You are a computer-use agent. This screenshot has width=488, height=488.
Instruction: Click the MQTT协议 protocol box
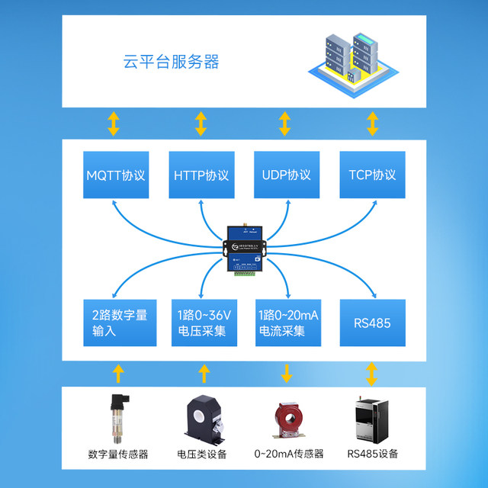[x=115, y=175]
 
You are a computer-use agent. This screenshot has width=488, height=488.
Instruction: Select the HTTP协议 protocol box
[x=201, y=175]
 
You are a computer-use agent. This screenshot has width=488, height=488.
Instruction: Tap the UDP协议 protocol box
[x=286, y=175]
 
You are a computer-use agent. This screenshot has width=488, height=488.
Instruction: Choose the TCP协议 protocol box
[x=372, y=175]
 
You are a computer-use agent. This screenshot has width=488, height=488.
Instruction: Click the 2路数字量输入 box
[x=115, y=323]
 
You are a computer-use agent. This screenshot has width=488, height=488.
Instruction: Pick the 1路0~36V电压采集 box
[x=201, y=323]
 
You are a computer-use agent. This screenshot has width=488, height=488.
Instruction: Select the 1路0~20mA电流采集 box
[x=286, y=323]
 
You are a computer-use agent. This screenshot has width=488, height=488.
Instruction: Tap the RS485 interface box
[x=372, y=323]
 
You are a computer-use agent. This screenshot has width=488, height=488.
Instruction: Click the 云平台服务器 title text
[x=172, y=62]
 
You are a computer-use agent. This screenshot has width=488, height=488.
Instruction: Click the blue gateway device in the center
[x=244, y=250]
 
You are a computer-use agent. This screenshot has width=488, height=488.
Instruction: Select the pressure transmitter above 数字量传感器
[x=117, y=419]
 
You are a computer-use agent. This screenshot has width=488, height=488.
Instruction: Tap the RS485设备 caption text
[x=372, y=454]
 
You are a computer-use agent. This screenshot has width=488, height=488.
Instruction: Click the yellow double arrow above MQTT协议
[x=113, y=123]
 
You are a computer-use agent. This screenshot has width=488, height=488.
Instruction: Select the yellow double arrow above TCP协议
[x=373, y=123]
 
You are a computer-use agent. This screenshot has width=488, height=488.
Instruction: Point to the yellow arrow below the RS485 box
[x=372, y=374]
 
